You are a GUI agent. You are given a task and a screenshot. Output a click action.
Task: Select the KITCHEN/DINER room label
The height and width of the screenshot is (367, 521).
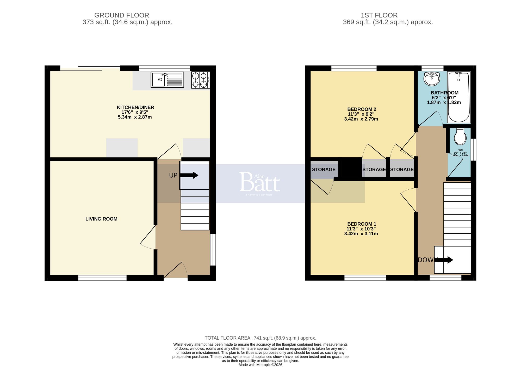(135, 107)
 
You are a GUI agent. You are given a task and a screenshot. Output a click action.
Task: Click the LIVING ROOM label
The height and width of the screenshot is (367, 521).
(101, 219)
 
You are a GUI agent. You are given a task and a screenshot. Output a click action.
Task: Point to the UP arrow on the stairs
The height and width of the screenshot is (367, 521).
(189, 175)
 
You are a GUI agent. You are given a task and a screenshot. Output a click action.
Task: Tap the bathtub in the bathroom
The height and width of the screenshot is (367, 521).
(458, 97)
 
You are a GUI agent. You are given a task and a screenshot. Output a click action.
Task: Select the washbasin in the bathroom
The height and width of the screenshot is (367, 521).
(432, 79)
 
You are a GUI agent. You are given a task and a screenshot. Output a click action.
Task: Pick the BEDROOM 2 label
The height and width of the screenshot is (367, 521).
(362, 109)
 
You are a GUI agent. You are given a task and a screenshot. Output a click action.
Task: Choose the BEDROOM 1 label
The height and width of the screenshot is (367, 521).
(362, 224)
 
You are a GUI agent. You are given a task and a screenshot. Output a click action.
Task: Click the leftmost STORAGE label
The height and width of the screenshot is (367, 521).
(324, 170)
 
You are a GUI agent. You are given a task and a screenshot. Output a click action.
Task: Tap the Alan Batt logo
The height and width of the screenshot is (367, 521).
(259, 182)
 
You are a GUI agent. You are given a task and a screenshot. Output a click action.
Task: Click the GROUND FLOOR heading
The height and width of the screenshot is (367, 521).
(122, 15)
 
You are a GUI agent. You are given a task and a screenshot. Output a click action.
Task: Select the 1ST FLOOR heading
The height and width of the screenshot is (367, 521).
(379, 15)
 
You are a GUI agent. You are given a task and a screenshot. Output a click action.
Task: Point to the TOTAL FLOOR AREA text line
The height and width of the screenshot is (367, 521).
(260, 338)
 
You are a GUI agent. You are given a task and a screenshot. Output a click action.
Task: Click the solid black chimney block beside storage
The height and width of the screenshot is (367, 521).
(352, 167)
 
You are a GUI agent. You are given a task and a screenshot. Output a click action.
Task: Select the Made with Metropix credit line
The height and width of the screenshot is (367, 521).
(260, 365)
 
